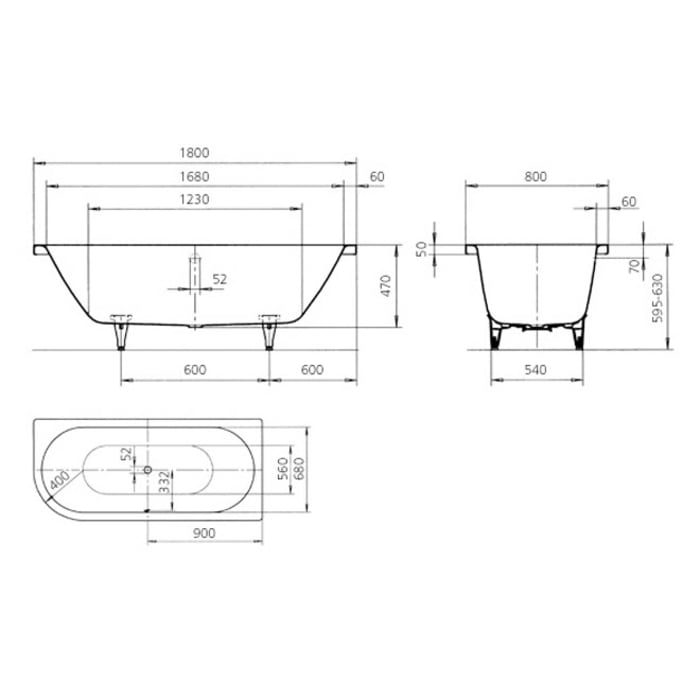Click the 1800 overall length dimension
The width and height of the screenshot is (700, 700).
tap(195, 153)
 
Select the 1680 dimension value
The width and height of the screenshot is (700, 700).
tap(195, 177)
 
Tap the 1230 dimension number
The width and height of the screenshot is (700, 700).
tap(194, 200)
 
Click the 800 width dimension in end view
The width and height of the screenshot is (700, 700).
tap(535, 177)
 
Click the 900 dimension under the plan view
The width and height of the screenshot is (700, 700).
tap(204, 535)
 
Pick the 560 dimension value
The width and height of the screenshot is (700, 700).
tap(282, 467)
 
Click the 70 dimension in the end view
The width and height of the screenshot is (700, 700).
tap(633, 265)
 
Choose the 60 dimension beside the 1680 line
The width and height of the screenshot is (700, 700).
tap(377, 177)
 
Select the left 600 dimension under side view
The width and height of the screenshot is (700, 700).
tap(194, 370)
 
